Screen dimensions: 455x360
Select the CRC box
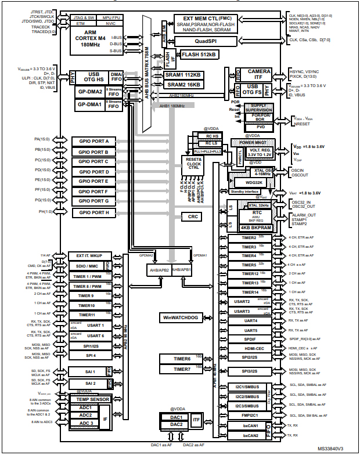click(x=192, y=216)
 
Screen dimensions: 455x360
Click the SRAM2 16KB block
click(x=183, y=85)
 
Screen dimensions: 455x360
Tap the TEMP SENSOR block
click(x=91, y=399)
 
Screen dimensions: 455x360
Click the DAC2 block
click(x=177, y=424)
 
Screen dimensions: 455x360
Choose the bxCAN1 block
click(x=250, y=425)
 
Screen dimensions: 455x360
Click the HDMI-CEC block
click(x=250, y=348)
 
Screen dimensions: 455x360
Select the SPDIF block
click(x=250, y=339)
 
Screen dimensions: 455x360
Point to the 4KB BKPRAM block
click(x=253, y=228)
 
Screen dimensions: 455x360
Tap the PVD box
click(x=261, y=127)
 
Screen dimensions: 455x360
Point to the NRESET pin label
click(x=304, y=124)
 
